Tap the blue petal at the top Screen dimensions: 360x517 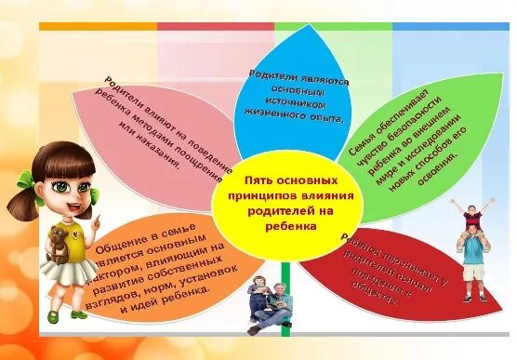point(293,84)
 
